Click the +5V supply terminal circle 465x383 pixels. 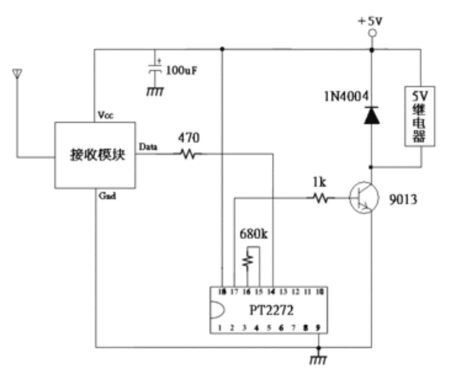[371, 33]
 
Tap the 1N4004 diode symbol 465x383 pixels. [372, 115]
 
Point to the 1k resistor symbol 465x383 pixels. [322, 197]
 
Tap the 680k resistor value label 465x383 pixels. [254, 236]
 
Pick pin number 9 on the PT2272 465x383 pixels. [318, 328]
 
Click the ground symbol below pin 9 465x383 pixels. [318, 358]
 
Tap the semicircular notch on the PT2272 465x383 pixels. [216, 310]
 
